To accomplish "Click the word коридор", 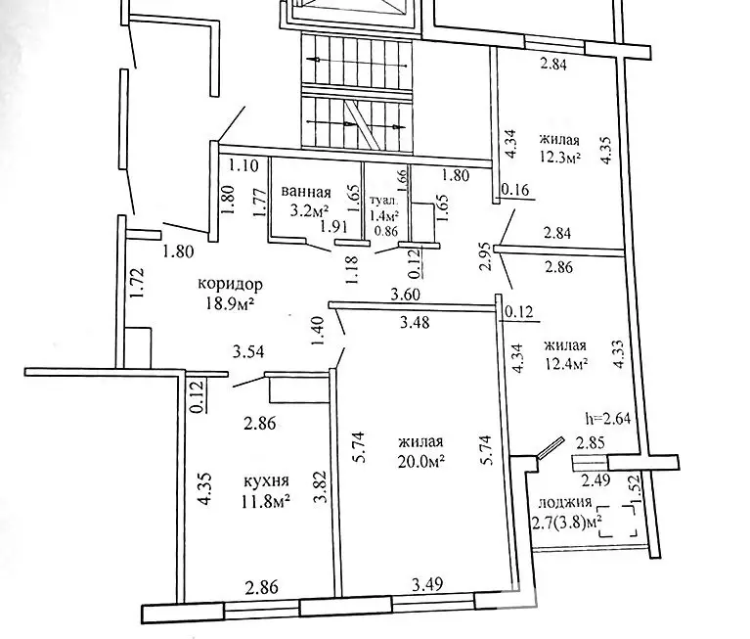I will point(231,284).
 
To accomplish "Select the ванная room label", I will point(305,192).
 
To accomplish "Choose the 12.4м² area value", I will point(565,364).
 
